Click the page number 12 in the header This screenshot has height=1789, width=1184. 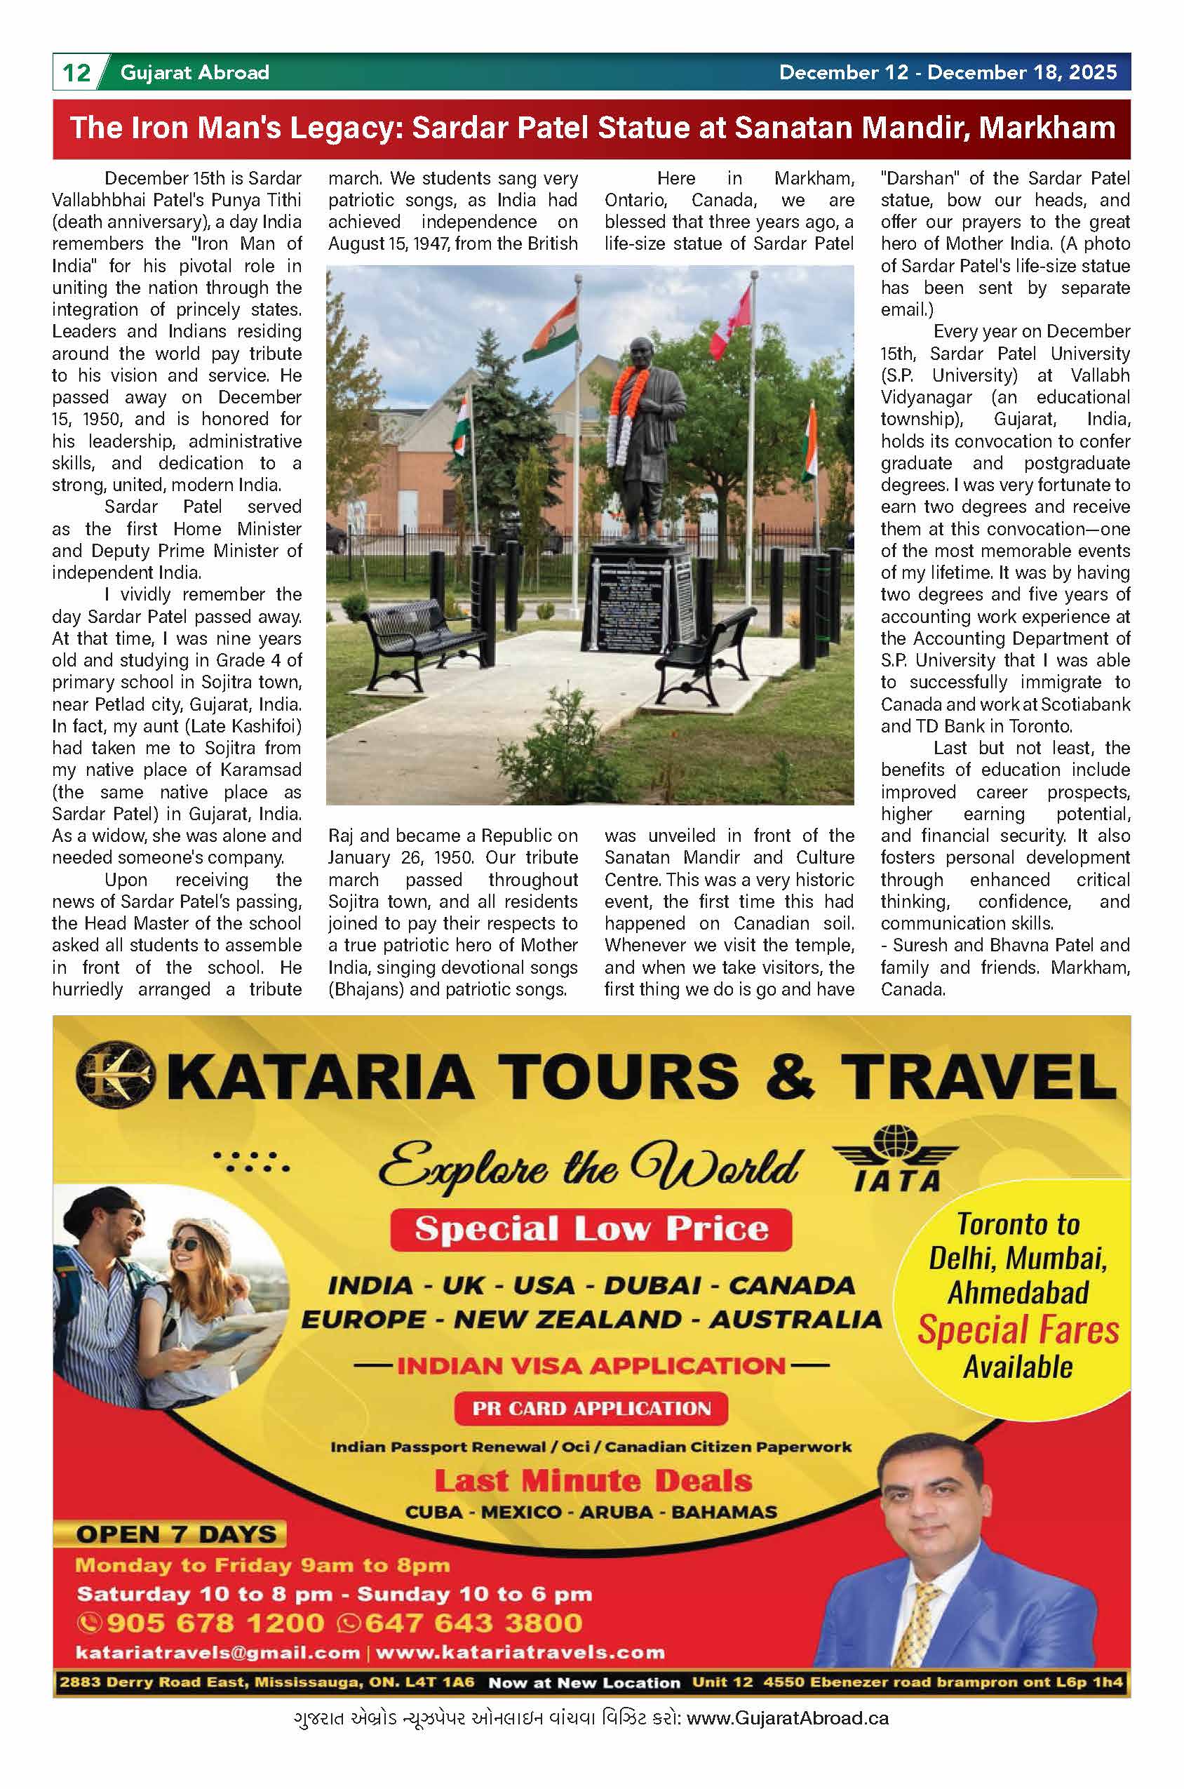click(x=76, y=72)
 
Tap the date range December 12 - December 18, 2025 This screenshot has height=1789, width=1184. click(x=948, y=72)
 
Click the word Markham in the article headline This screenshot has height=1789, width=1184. click(x=1047, y=128)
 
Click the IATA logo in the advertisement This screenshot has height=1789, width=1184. click(x=896, y=1158)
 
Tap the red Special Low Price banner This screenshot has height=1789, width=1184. click(x=591, y=1229)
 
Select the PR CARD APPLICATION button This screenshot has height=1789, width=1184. click(x=591, y=1408)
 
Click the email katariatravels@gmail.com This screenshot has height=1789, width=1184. click(x=217, y=1652)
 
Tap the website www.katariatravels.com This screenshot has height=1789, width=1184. click(x=520, y=1652)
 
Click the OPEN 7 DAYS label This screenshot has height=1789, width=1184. click(x=175, y=1534)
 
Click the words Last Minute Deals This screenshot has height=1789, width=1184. click(x=593, y=1481)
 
